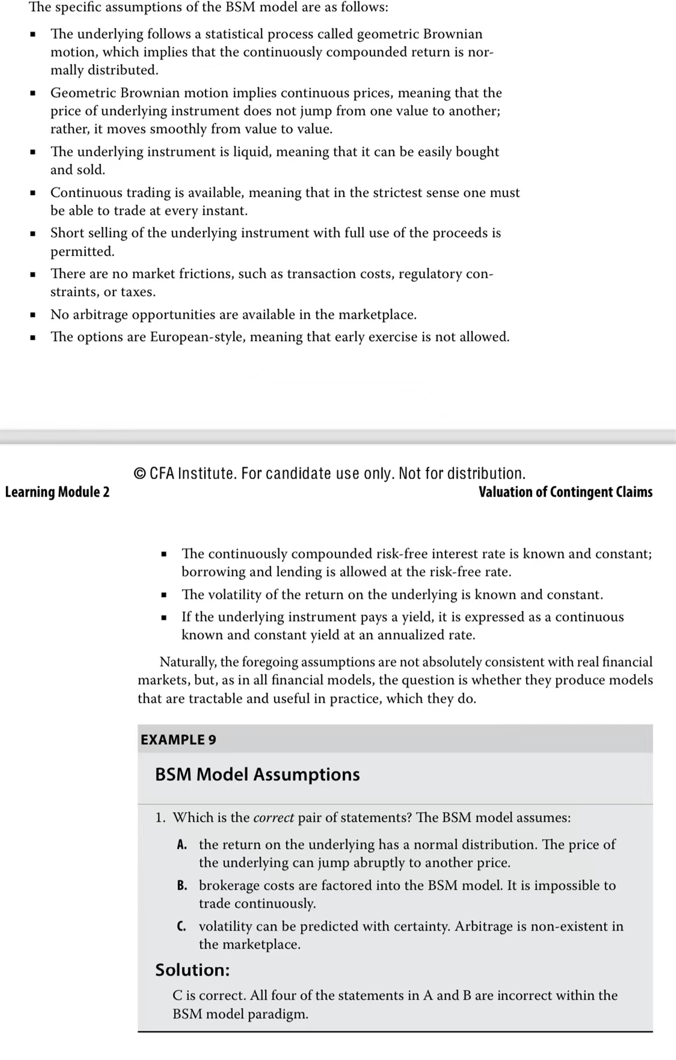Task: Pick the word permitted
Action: pyautogui.click(x=82, y=251)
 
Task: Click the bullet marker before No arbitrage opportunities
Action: pyautogui.click(x=32, y=315)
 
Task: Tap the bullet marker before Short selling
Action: pyautogui.click(x=32, y=233)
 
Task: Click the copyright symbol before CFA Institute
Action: pyautogui.click(x=139, y=474)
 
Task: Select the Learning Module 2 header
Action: pyautogui.click(x=57, y=492)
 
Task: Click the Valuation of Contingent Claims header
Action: pyautogui.click(x=565, y=492)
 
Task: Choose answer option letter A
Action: pyautogui.click(x=182, y=845)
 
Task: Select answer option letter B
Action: pyautogui.click(x=182, y=886)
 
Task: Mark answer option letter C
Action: pyautogui.click(x=181, y=926)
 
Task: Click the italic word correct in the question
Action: pyautogui.click(x=273, y=818)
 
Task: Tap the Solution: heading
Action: pyautogui.click(x=192, y=970)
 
